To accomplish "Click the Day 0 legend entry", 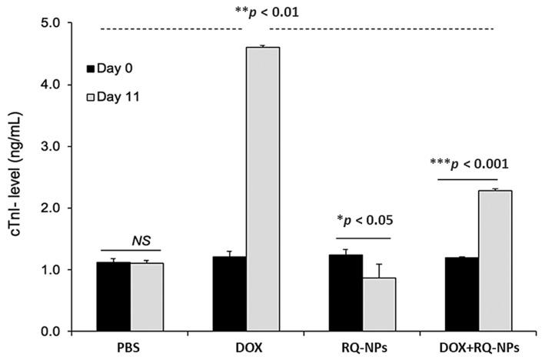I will [x=110, y=68].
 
